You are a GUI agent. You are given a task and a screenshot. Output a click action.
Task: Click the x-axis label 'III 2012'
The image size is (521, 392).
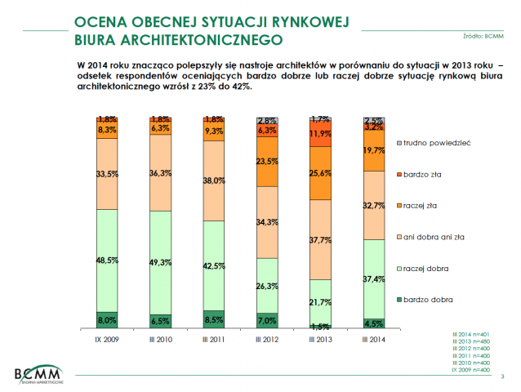265,337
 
